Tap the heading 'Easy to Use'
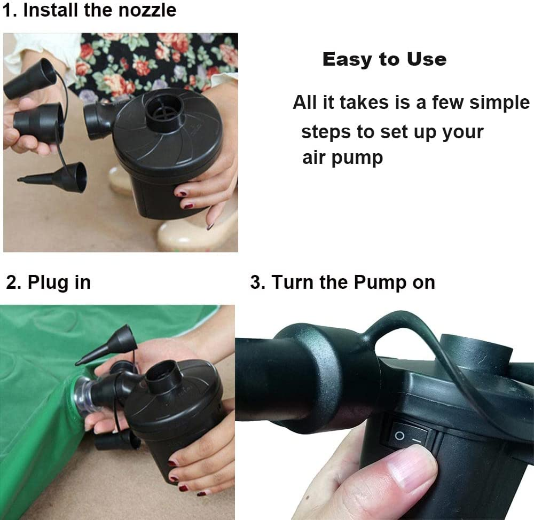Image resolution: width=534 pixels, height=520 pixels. pyautogui.click(x=384, y=59)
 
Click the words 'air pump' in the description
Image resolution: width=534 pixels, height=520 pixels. pyautogui.click(x=342, y=158)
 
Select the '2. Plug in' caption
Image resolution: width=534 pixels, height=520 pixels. pyautogui.click(x=48, y=282)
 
